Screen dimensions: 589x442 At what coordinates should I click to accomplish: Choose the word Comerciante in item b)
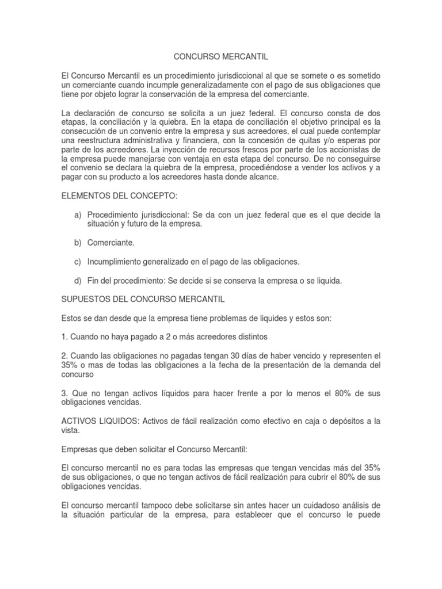point(111,243)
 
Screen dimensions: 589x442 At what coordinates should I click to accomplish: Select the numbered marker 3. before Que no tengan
point(64,393)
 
